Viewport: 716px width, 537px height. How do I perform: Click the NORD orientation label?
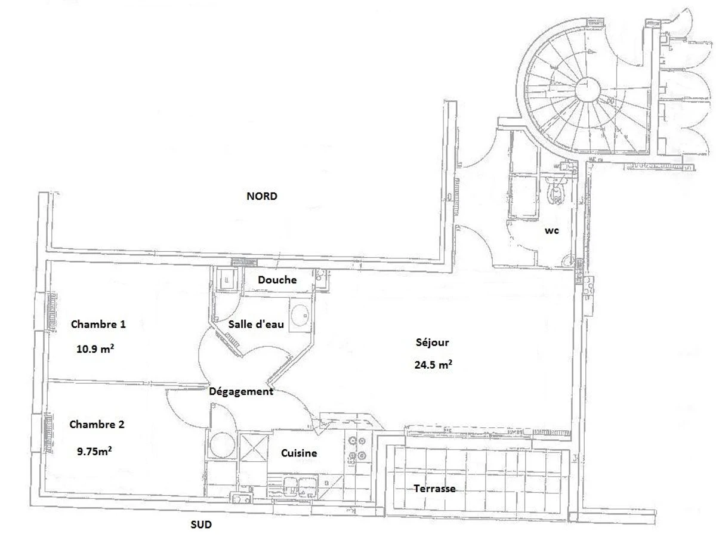click(x=261, y=196)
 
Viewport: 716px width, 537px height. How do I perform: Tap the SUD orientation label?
click(x=201, y=524)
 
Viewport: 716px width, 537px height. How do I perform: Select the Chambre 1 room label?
click(x=98, y=324)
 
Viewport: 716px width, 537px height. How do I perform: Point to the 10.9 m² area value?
click(x=95, y=348)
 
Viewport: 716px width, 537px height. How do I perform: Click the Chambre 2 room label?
click(x=97, y=424)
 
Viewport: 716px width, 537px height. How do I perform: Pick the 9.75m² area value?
click(x=94, y=451)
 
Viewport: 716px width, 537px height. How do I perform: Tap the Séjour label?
click(x=432, y=342)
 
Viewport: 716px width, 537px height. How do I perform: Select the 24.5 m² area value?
click(x=433, y=364)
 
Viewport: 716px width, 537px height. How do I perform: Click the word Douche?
click(x=277, y=280)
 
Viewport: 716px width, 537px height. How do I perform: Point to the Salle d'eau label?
click(x=256, y=324)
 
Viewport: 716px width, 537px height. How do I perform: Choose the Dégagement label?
click(x=241, y=391)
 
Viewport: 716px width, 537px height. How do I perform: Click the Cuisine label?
click(x=299, y=453)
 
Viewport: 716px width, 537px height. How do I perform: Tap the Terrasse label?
click(x=434, y=489)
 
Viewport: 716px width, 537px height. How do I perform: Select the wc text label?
click(x=551, y=231)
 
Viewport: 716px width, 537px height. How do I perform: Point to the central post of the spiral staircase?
click(x=588, y=89)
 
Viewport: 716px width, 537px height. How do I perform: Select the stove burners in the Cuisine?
click(x=357, y=447)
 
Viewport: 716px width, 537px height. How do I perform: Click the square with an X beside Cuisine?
click(x=254, y=448)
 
